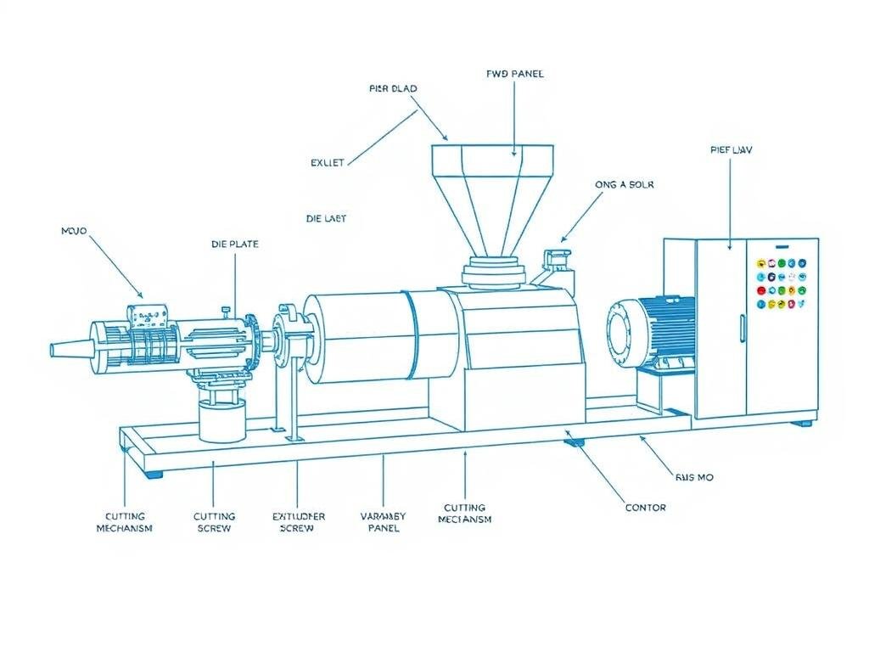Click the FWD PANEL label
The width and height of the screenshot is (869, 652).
[x=515, y=74]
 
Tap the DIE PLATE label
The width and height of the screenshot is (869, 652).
[x=235, y=244]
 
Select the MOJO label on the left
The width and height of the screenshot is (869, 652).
[x=75, y=230]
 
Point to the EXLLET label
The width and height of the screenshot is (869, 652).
[x=327, y=163]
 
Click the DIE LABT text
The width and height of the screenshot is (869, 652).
[x=326, y=218]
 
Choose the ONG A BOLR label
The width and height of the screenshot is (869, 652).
[x=625, y=183]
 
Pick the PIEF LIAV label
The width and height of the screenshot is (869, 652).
[x=731, y=149]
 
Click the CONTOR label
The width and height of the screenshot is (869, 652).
[x=646, y=508]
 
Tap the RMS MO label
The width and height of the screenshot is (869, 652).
[x=693, y=477]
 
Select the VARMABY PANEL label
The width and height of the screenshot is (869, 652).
[x=384, y=521]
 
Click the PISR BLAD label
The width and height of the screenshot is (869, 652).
[x=393, y=88]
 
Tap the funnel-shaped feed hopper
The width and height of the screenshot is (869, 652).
[x=491, y=200]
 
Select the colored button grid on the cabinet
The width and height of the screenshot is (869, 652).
[x=780, y=284]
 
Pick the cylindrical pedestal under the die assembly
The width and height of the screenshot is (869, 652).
[x=222, y=418]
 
